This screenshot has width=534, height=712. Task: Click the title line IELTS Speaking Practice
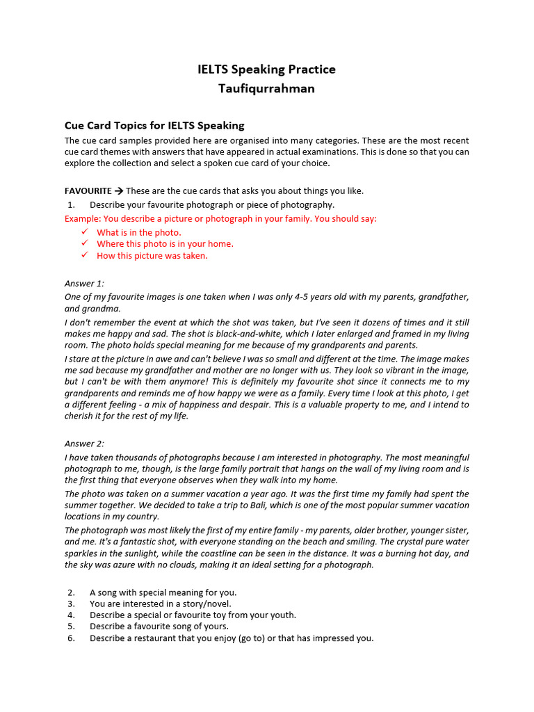(x=266, y=70)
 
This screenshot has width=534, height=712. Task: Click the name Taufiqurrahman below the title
(x=266, y=89)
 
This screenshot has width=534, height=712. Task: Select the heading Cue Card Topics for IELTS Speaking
(x=154, y=126)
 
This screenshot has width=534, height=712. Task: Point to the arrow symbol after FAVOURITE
(x=119, y=191)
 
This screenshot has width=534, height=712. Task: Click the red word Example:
(x=83, y=218)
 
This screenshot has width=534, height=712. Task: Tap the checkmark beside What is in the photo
(x=85, y=232)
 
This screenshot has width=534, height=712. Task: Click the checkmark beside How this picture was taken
(x=85, y=255)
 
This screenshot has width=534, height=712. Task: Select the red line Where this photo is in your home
(x=165, y=244)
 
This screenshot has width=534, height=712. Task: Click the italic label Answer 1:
(x=84, y=283)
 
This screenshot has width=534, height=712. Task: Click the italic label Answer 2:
(x=84, y=444)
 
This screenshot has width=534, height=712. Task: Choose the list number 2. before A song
(x=71, y=592)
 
